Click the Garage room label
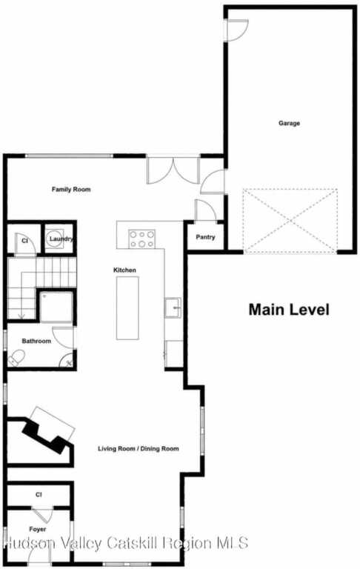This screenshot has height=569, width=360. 289,123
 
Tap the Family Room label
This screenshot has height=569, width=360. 71,189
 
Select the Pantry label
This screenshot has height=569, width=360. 205,237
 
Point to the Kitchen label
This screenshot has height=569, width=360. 125,270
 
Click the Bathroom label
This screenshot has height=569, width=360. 36,341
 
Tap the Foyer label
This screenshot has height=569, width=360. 38,530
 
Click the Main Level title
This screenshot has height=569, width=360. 289,310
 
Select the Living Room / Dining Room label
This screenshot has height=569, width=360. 139,448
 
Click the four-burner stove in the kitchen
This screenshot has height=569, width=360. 142,239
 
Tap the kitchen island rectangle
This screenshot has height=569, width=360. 127,308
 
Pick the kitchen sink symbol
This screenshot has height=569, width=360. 173,307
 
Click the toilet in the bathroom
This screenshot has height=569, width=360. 16,357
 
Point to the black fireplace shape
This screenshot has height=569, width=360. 45,435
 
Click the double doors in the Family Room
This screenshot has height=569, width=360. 174,170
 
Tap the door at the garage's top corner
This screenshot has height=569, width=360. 237,30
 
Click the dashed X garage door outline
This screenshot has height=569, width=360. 290,220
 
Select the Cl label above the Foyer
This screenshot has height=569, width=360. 39,495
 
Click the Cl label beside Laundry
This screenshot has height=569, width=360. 24,241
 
